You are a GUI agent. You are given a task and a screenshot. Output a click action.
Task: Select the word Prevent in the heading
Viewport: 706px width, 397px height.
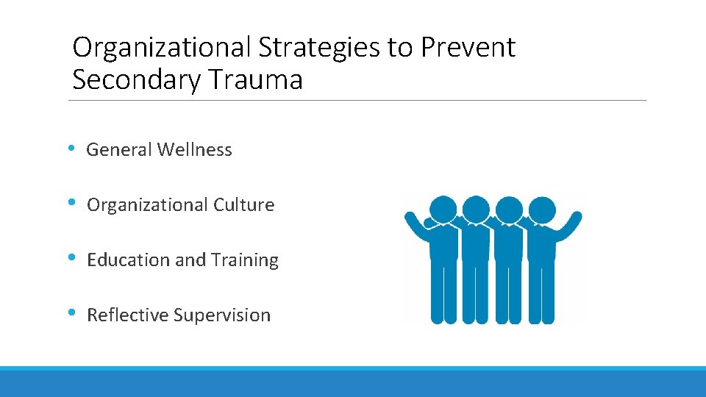(468, 48)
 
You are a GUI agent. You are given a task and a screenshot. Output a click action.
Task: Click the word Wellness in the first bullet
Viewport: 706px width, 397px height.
(194, 150)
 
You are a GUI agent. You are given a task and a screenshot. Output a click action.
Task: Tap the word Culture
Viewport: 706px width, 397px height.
(243, 205)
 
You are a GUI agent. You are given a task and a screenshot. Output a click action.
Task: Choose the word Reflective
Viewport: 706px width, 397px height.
(127, 315)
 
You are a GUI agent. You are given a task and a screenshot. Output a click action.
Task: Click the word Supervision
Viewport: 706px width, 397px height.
(222, 315)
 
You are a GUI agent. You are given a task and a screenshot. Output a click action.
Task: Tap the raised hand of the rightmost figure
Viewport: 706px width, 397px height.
(576, 218)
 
